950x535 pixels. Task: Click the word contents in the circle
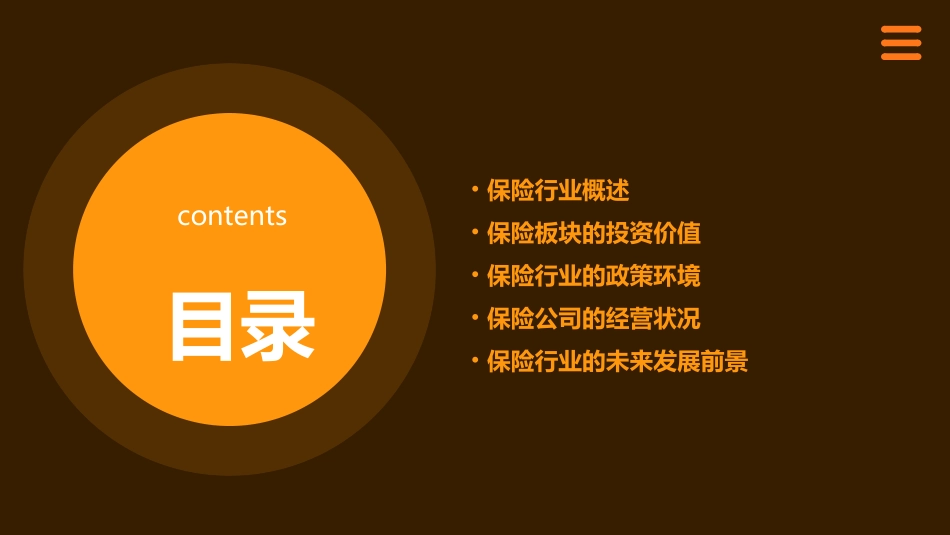pyautogui.click(x=232, y=216)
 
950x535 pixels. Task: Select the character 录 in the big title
pyautogui.click(x=279, y=326)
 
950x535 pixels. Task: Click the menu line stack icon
pyautogui.click(x=901, y=43)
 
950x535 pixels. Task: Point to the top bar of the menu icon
pyautogui.click(x=901, y=30)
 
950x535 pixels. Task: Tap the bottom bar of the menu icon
pyautogui.click(x=901, y=57)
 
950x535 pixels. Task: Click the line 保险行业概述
pyautogui.click(x=558, y=190)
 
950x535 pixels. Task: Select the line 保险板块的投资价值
pyautogui.click(x=594, y=233)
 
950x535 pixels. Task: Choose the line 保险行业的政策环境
pyautogui.click(x=594, y=276)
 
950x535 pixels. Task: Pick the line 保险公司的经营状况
pyautogui.click(x=594, y=319)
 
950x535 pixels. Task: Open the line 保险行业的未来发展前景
pyautogui.click(x=617, y=361)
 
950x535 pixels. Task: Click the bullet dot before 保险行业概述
pyautogui.click(x=475, y=189)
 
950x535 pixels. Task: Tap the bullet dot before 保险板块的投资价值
pyautogui.click(x=475, y=232)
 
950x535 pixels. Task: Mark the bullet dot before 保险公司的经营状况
pyautogui.click(x=475, y=318)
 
